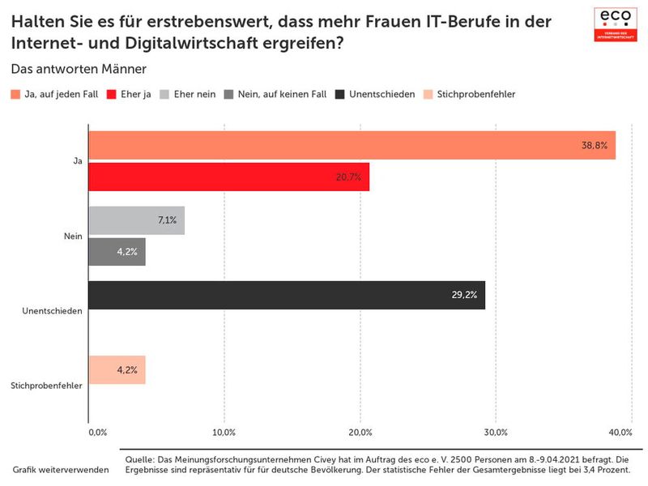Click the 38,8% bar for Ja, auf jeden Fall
tap(352, 146)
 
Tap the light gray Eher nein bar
tap(136, 220)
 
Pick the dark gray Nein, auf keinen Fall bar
tap(117, 251)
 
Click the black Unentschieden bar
tap(286, 295)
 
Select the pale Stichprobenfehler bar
tap(117, 369)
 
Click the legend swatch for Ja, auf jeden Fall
tap(16, 94)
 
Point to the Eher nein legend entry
tap(189, 94)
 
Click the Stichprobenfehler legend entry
tap(469, 94)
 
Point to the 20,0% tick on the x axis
tap(360, 431)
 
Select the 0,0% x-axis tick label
tap(96, 431)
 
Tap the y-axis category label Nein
tap(73, 237)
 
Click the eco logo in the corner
tap(616, 23)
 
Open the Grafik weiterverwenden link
tap(61, 470)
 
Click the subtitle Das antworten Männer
tap(79, 69)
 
